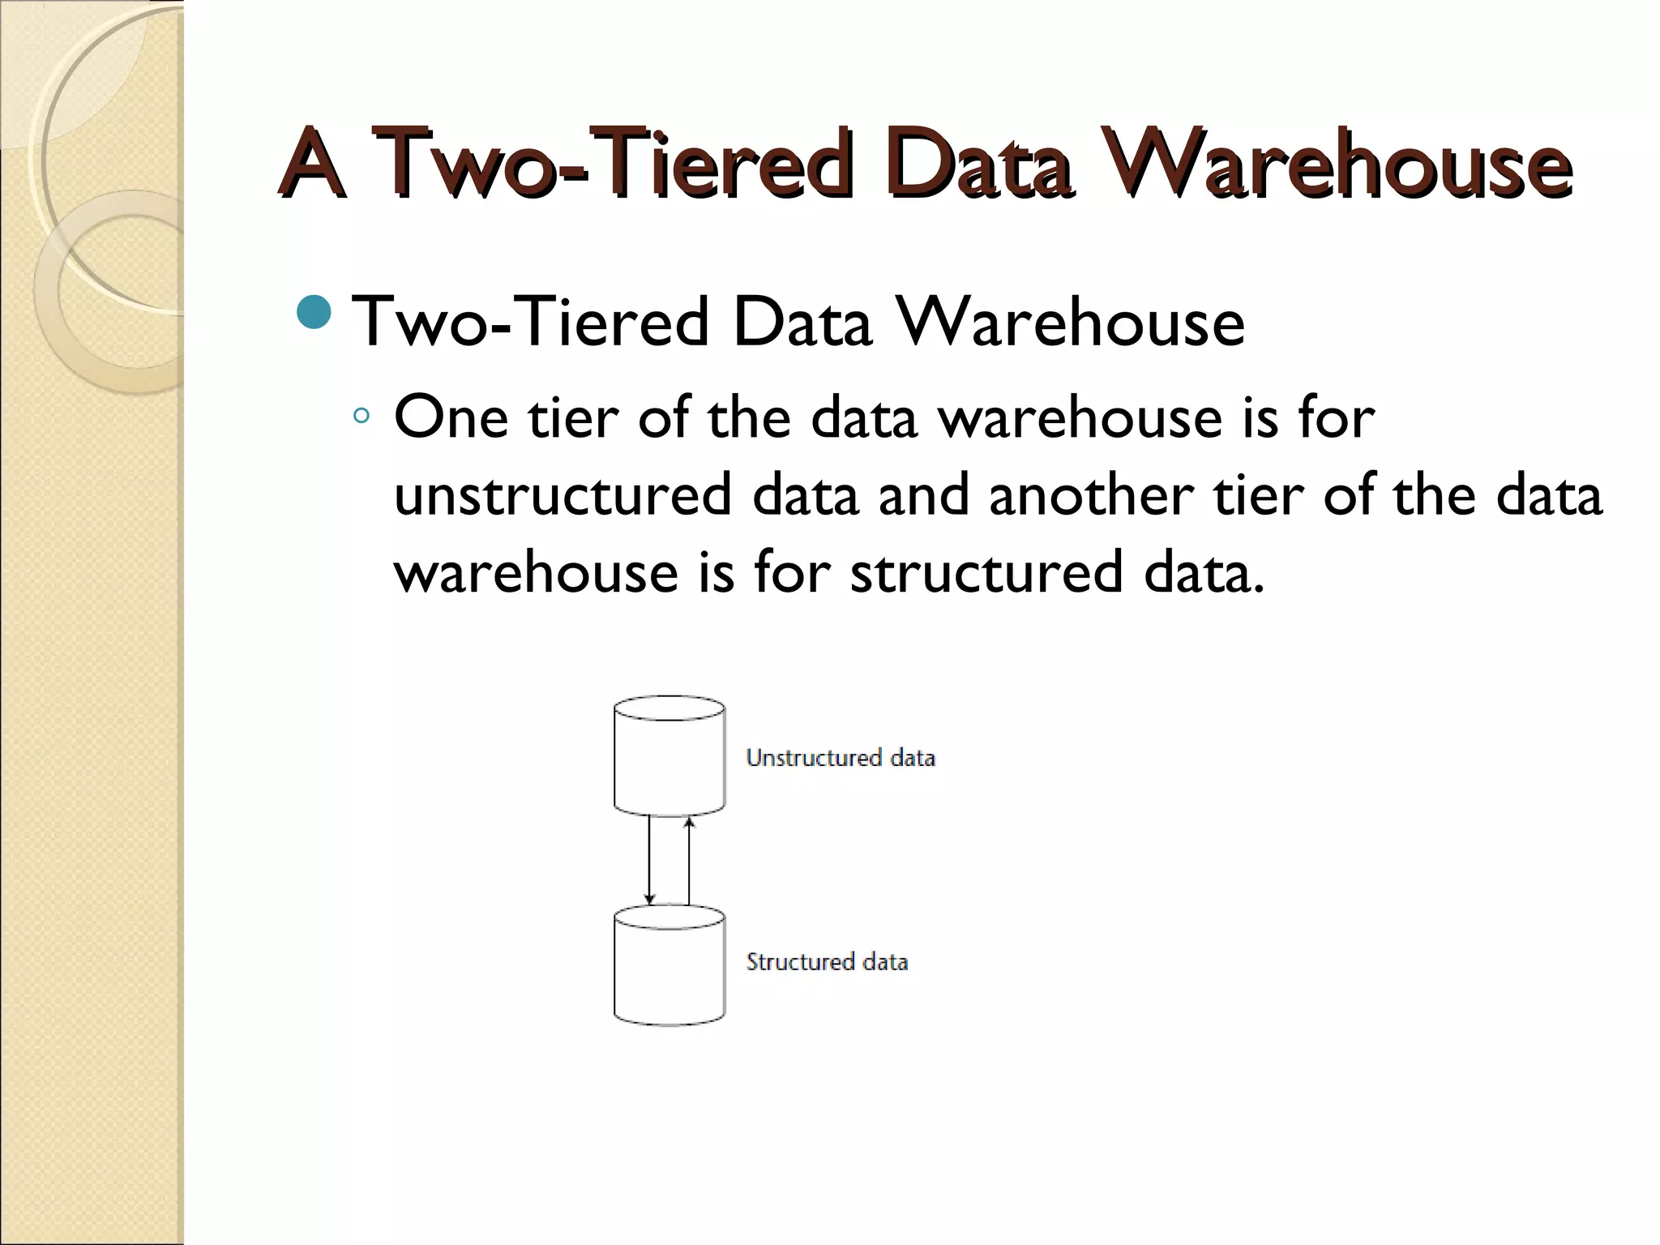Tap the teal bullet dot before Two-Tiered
[x=314, y=313]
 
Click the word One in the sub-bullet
[x=451, y=417]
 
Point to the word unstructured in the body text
[x=563, y=495]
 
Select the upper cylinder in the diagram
[x=670, y=756]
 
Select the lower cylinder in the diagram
[x=670, y=966]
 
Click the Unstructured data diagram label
[x=841, y=758]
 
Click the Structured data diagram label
[x=827, y=962]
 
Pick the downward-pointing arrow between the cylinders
[x=649, y=859]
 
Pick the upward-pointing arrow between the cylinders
[x=690, y=859]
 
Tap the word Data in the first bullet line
[x=802, y=323]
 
